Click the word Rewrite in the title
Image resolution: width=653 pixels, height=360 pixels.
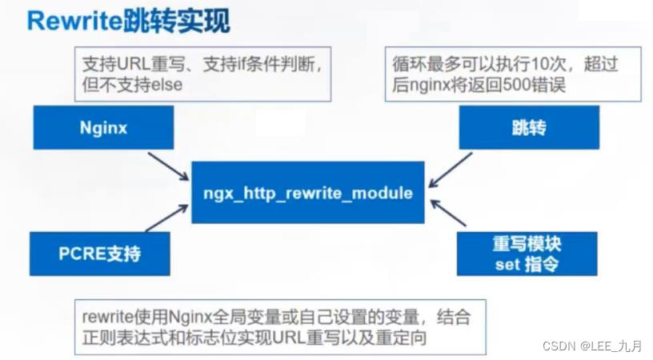(74, 22)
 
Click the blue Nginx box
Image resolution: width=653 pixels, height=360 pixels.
(103, 128)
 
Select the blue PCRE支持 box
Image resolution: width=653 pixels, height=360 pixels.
(99, 254)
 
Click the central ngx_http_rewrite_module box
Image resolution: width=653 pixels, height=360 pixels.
(307, 192)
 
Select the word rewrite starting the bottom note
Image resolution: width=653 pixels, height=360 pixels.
(106, 317)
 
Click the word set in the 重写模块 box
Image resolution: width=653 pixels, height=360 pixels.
(507, 265)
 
